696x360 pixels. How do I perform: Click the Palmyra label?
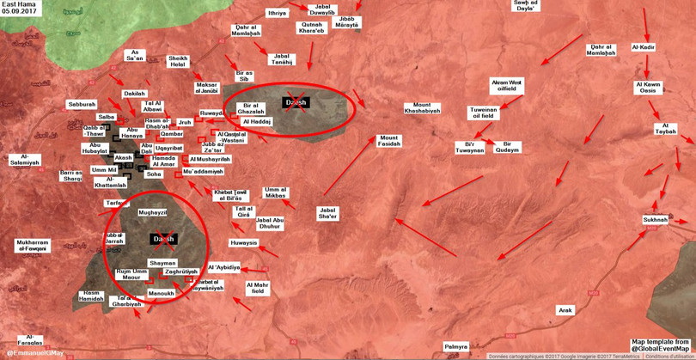pos(455,345)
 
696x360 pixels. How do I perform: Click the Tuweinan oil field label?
pos(483,113)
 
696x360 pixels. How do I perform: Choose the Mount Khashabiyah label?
pos(421,110)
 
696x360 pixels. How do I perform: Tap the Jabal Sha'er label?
pos(328,212)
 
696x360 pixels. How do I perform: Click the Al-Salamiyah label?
pos(24,159)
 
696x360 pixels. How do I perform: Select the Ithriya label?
pos(277,13)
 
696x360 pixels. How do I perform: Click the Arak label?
pos(565,309)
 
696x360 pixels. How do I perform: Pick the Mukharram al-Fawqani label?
pos(33,245)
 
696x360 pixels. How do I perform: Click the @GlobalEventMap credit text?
pos(664,348)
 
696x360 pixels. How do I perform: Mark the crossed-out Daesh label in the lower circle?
pos(163,238)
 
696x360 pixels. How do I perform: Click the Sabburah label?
pos(82,104)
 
